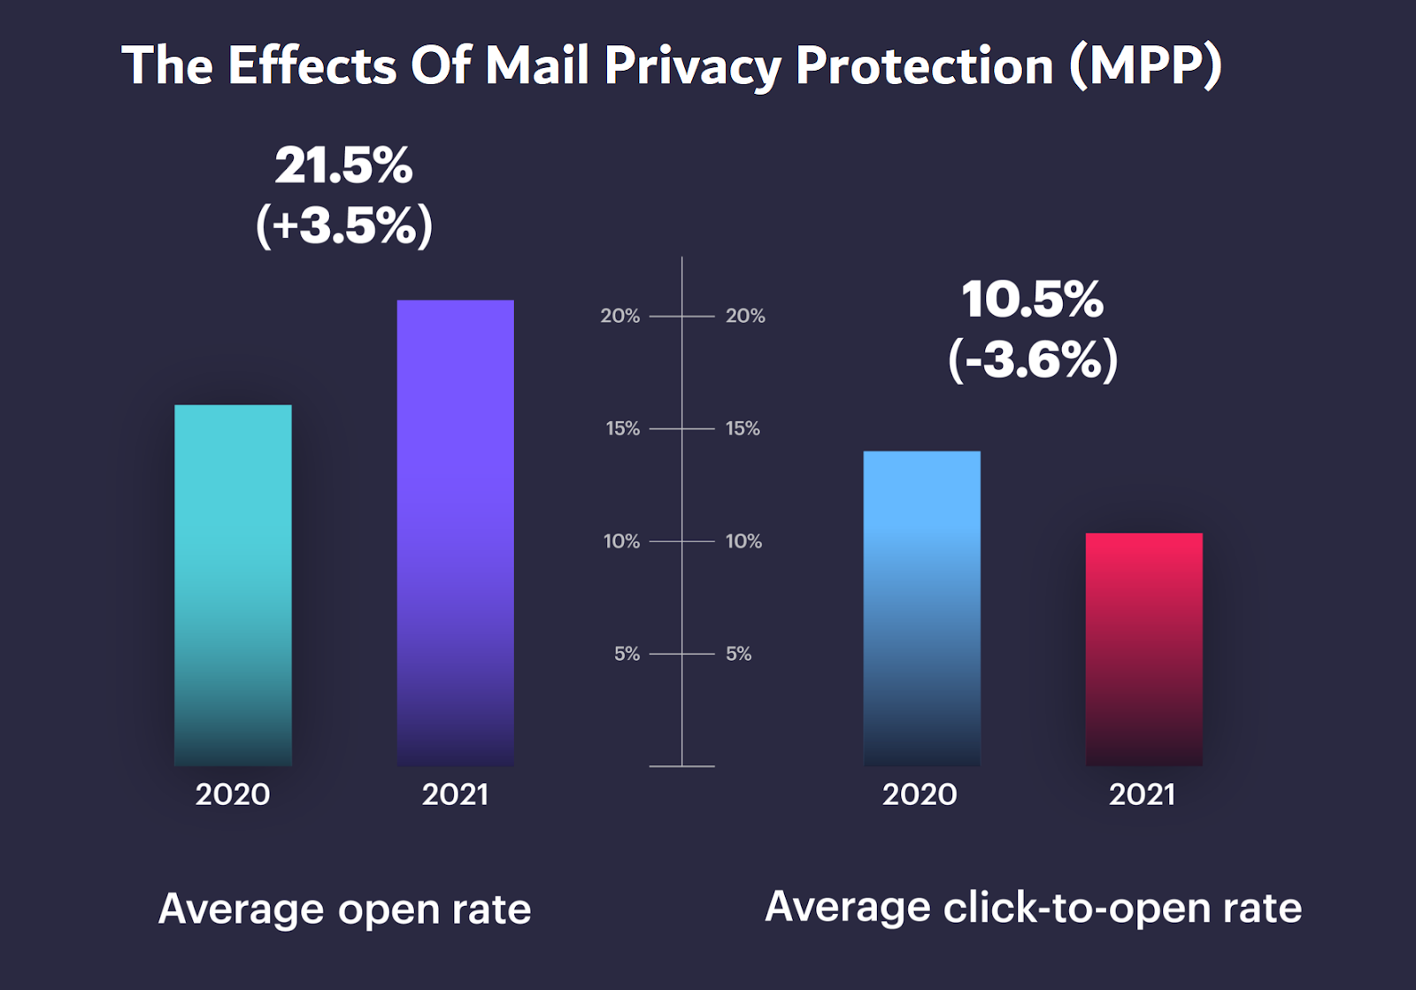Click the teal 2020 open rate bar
tap(233, 585)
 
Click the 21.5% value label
tap(343, 165)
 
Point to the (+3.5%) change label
tap(343, 225)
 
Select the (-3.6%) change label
tap(1032, 359)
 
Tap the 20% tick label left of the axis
tap(619, 316)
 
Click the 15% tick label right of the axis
tap(743, 429)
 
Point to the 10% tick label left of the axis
tap(621, 541)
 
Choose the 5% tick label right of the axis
tap(738, 654)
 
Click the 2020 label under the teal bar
tap(233, 794)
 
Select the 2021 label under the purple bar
tap(455, 794)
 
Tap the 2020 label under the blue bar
tap(920, 794)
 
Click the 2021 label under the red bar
tap(1142, 794)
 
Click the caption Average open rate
tap(344, 909)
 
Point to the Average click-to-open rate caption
tap(1033, 907)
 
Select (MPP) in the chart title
tap(1145, 66)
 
